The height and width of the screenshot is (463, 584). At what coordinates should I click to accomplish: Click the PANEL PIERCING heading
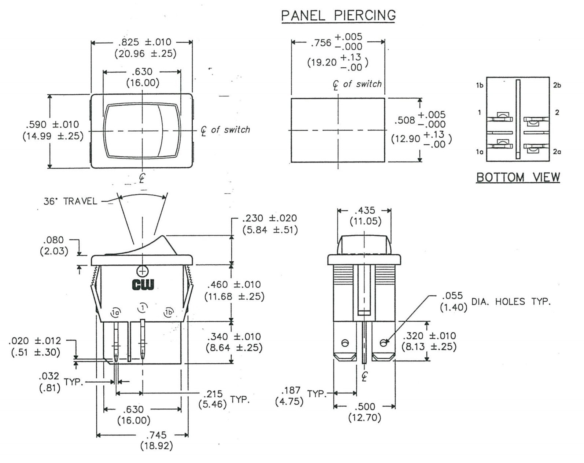(338, 15)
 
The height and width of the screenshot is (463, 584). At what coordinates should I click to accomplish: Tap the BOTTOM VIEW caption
(518, 177)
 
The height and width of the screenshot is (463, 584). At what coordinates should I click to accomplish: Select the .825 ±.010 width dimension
(146, 42)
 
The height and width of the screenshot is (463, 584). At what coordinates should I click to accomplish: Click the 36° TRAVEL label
(70, 201)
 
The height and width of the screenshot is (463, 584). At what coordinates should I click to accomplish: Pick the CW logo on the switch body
(143, 284)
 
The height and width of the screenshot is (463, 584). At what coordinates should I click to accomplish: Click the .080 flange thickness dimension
(54, 240)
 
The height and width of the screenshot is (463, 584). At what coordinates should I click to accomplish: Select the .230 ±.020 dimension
(269, 218)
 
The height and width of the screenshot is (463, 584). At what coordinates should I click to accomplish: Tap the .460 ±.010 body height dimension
(234, 285)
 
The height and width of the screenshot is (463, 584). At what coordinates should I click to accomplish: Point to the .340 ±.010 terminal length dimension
(234, 337)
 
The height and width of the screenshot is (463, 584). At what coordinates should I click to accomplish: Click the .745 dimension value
(156, 435)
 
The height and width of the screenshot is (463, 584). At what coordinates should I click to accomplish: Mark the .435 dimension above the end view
(364, 210)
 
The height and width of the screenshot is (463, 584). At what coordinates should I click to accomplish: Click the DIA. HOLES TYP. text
(511, 302)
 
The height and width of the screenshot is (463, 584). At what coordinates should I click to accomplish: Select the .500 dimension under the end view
(365, 407)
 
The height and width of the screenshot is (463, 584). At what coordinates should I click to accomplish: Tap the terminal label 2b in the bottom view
(557, 85)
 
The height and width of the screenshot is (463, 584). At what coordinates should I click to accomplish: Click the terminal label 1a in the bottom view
(480, 151)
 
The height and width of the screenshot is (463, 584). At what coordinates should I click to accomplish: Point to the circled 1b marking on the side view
(169, 312)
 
